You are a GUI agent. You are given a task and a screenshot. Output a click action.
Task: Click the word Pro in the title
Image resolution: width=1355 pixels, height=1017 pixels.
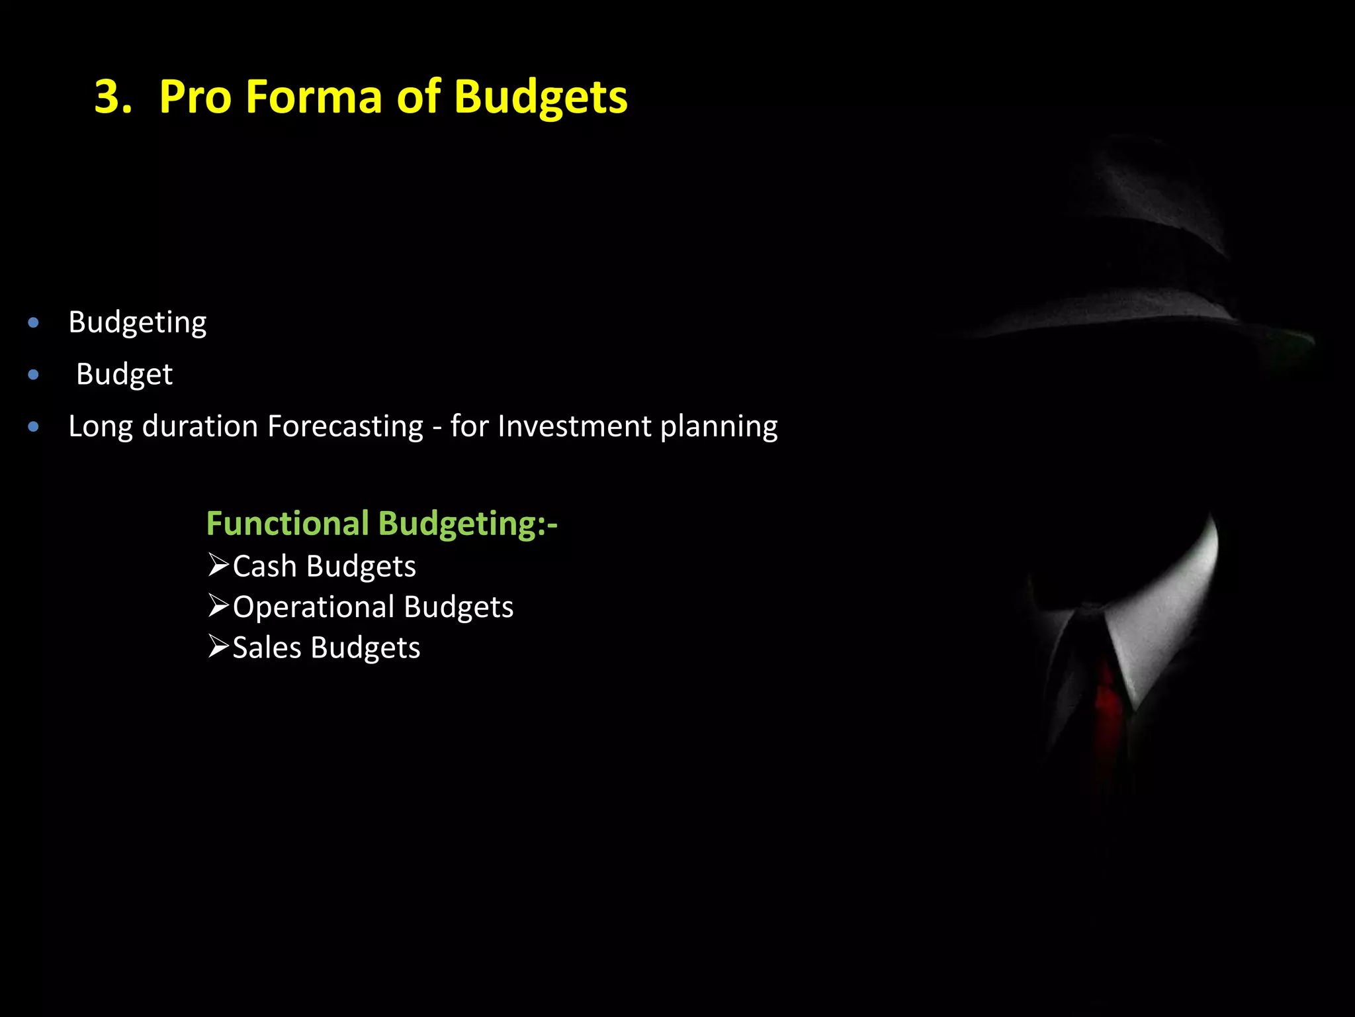coord(195,97)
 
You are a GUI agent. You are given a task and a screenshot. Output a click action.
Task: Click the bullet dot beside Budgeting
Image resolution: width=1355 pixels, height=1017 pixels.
coord(34,323)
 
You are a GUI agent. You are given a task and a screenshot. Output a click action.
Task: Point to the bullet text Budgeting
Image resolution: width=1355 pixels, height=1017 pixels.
coord(138,323)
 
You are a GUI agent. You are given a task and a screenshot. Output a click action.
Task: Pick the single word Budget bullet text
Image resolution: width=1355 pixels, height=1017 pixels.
coord(124,375)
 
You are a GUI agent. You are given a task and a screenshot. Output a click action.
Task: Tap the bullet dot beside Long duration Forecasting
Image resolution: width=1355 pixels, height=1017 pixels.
coord(34,427)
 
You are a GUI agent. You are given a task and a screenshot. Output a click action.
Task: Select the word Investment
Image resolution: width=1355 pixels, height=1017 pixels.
coord(574,426)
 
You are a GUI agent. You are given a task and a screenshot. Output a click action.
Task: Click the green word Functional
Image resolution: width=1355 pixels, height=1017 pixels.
coord(287,523)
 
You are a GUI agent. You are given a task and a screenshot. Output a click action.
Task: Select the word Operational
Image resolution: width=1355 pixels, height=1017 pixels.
coord(314,607)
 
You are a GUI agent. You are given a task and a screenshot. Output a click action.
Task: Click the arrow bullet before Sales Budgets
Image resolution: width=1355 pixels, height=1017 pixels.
coord(218,646)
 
